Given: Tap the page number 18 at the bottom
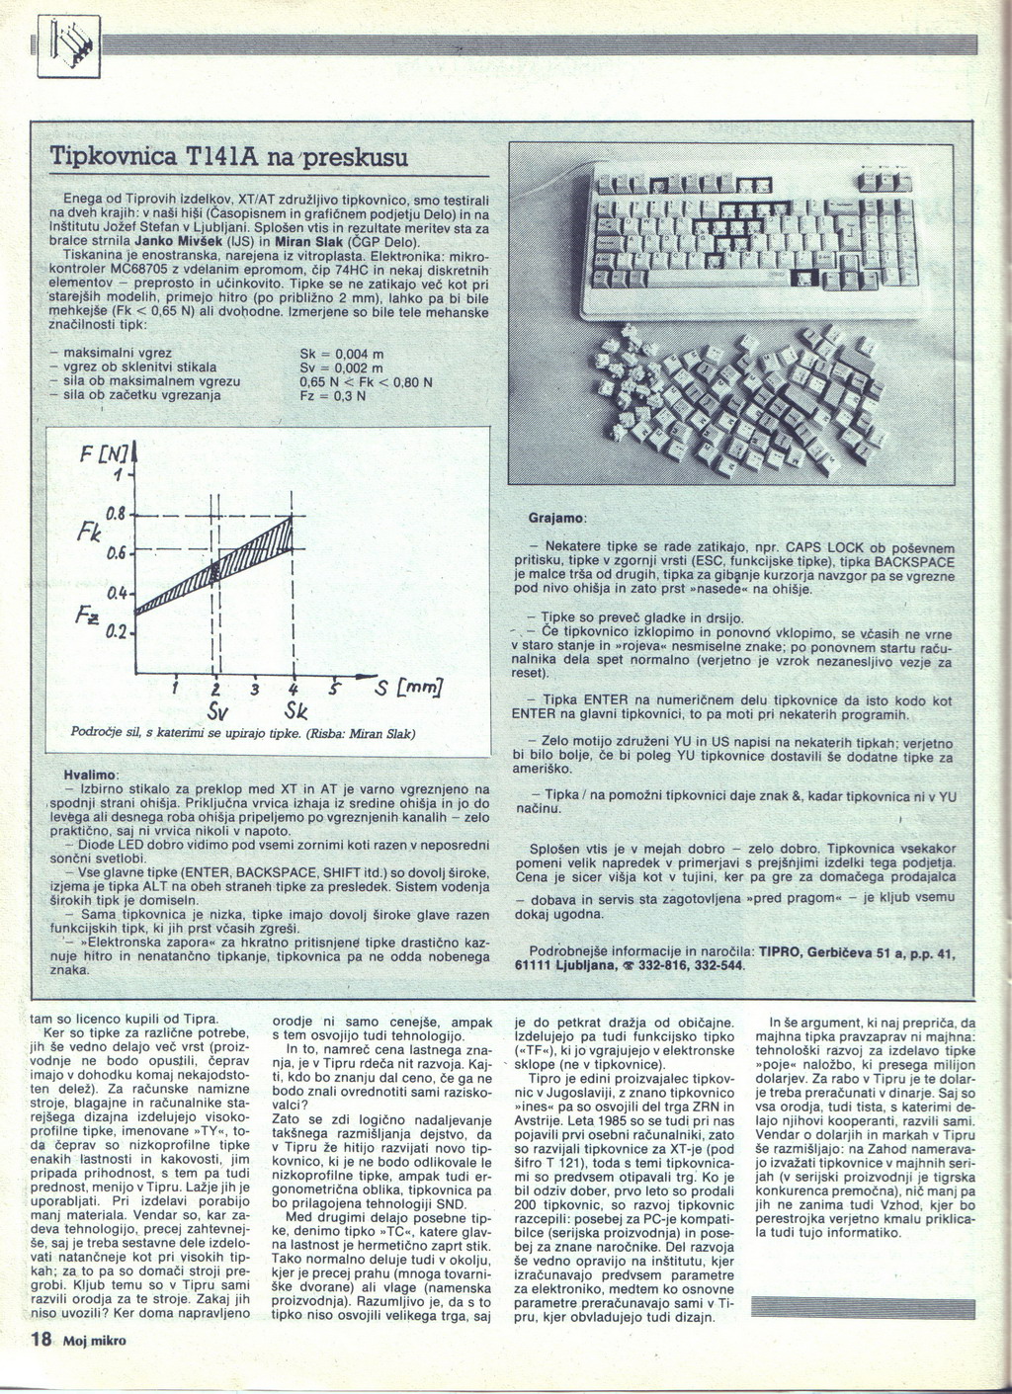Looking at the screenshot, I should tap(41, 1340).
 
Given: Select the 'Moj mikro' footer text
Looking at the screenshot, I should tap(94, 1342).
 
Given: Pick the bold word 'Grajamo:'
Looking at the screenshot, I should tap(557, 518).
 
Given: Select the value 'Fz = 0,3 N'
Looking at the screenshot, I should tap(333, 395).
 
